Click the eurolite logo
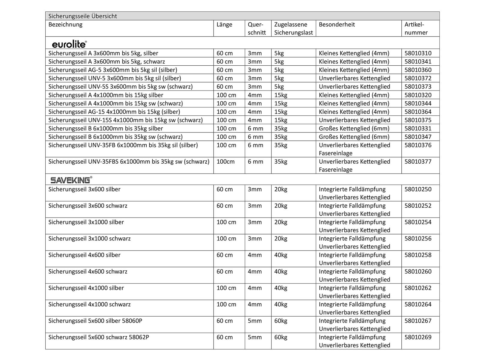(x=69, y=44)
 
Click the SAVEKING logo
(x=71, y=180)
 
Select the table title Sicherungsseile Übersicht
(x=82, y=16)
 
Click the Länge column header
(x=224, y=25)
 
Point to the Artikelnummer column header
(x=416, y=28)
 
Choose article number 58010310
(x=418, y=53)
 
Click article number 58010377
(x=418, y=162)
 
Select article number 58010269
(x=418, y=337)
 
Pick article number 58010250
(x=418, y=189)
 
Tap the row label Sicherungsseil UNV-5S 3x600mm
(x=120, y=87)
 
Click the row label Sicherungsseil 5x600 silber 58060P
(x=95, y=321)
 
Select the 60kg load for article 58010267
(x=280, y=321)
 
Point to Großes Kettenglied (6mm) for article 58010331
(x=354, y=129)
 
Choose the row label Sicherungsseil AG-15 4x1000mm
(x=114, y=112)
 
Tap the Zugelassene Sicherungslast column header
(x=293, y=28)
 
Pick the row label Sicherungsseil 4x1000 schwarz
(x=89, y=304)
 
